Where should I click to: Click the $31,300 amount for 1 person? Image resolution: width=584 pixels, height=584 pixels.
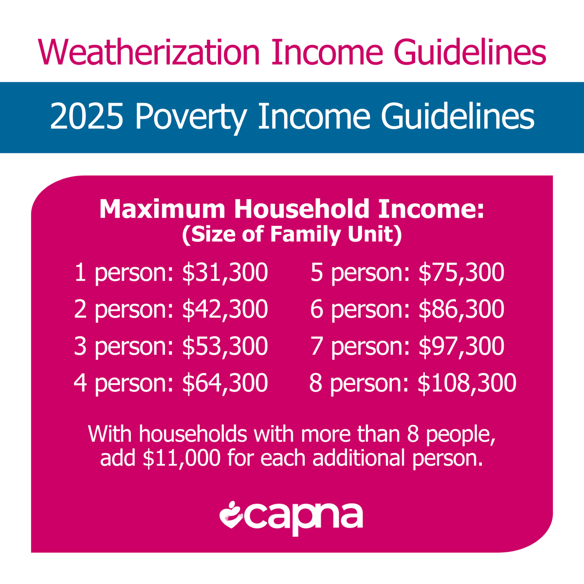(x=225, y=273)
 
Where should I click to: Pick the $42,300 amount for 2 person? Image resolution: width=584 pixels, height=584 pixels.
(x=225, y=310)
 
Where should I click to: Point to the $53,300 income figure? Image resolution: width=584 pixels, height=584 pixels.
(x=225, y=346)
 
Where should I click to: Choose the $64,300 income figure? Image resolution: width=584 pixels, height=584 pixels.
(x=225, y=383)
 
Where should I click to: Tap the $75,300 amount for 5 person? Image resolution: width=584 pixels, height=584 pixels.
(x=461, y=273)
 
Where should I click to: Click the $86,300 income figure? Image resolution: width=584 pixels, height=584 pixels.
(x=461, y=310)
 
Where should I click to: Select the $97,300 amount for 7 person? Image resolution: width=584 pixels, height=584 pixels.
(x=461, y=346)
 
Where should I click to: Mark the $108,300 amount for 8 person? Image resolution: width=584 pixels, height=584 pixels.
(x=467, y=383)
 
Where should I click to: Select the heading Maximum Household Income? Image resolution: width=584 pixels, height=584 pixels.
(x=292, y=209)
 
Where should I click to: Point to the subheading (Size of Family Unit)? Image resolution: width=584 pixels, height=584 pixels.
(x=292, y=235)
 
